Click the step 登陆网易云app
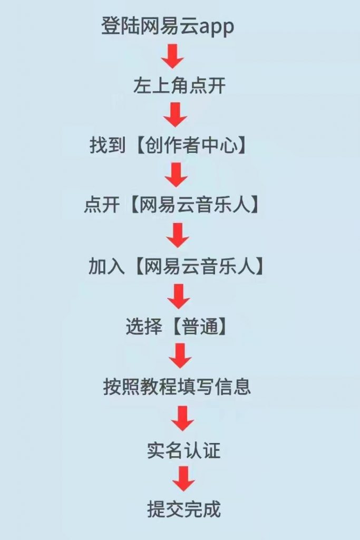[x=168, y=26]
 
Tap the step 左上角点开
[x=180, y=86]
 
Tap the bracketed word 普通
[x=198, y=327]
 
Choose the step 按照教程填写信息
[x=177, y=387]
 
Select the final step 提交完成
[x=183, y=509]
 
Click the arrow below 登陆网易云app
[x=172, y=55]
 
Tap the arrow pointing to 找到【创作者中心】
[x=175, y=115]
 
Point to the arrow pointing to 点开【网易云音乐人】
[x=176, y=175]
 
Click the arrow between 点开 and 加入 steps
[x=178, y=235]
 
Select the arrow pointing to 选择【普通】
[x=179, y=296]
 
